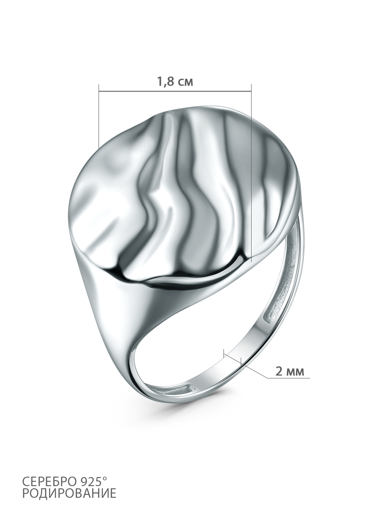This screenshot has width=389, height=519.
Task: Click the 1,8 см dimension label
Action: [x=175, y=82]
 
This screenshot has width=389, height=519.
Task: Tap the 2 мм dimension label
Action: [x=290, y=371]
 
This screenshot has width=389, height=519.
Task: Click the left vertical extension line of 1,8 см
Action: [x=99, y=116]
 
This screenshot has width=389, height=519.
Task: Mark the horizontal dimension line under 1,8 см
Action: [x=175, y=91]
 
